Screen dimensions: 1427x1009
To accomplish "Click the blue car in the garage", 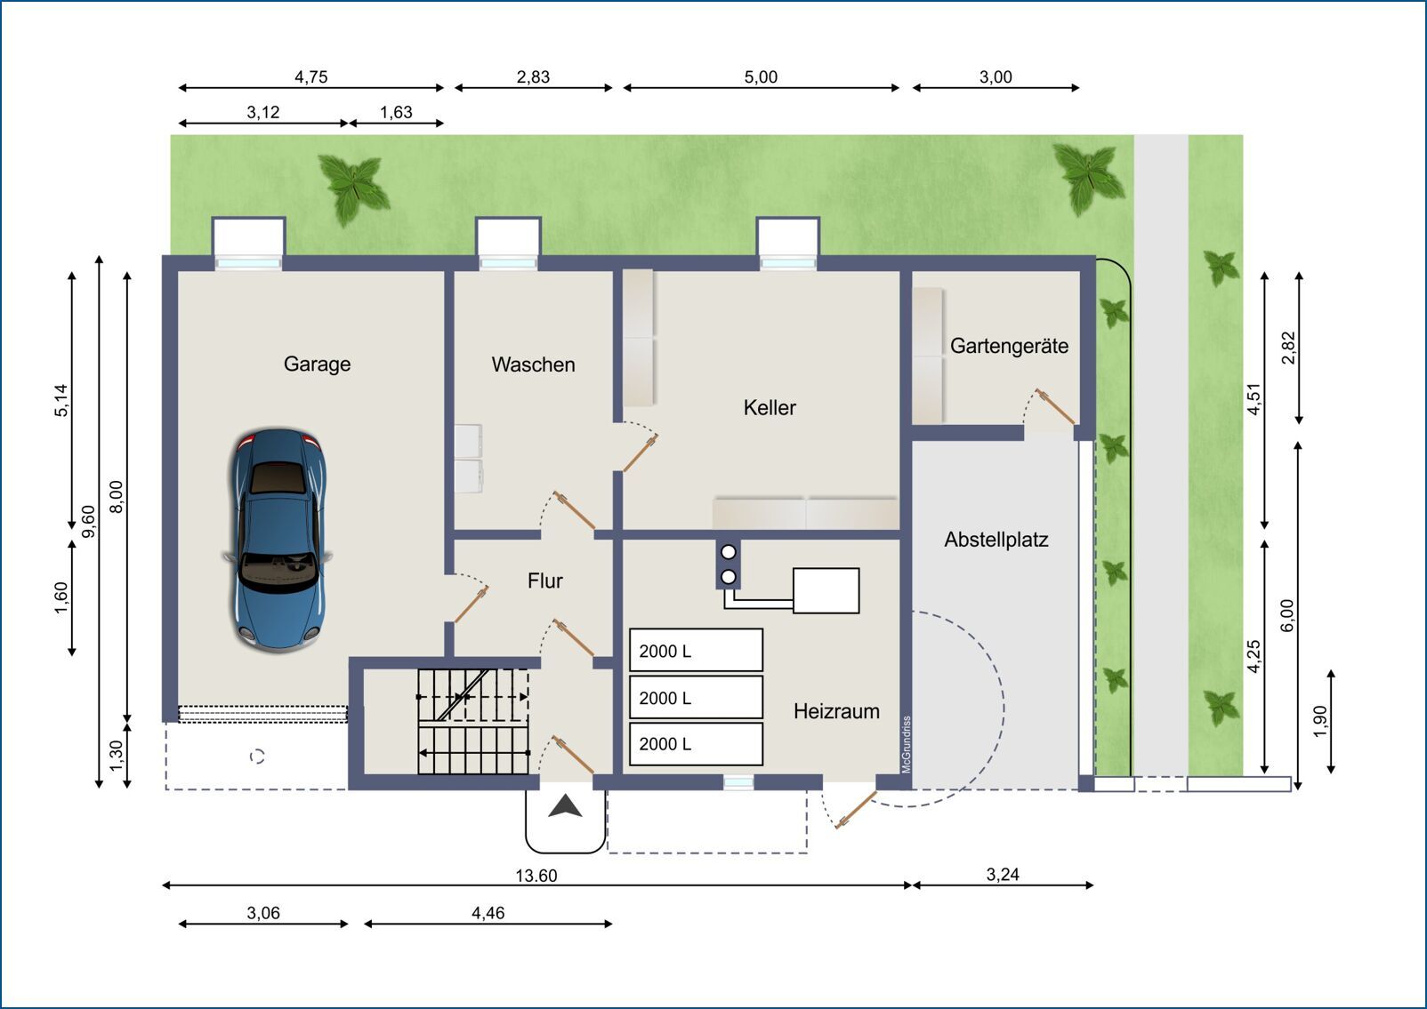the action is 278,540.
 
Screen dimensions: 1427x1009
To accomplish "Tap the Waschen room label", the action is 533,364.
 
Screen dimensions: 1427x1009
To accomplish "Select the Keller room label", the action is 770,407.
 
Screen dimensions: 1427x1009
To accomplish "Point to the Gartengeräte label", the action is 1009,346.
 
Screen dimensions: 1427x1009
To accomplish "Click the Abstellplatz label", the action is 996,540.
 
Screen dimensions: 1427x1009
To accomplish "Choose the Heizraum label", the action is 836,711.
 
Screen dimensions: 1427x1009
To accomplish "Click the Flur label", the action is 545,581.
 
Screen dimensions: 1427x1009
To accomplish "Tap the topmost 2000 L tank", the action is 697,650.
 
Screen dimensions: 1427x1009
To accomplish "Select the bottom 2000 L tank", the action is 697,743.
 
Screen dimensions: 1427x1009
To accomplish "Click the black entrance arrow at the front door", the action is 565,806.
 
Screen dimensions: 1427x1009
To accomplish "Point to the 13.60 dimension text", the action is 536,876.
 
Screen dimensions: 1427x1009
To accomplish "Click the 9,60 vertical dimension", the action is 89,521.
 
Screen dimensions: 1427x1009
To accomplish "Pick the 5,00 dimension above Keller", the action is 761,77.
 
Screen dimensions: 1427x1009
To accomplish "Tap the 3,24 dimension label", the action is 1003,875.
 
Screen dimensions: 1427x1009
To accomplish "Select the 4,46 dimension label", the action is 488,914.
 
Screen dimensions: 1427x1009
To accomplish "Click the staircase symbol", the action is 473,721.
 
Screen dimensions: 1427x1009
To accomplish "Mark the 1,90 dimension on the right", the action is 1320,722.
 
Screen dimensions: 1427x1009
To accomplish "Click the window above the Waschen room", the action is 508,263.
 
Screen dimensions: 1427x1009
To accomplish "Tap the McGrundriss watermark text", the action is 907,745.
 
